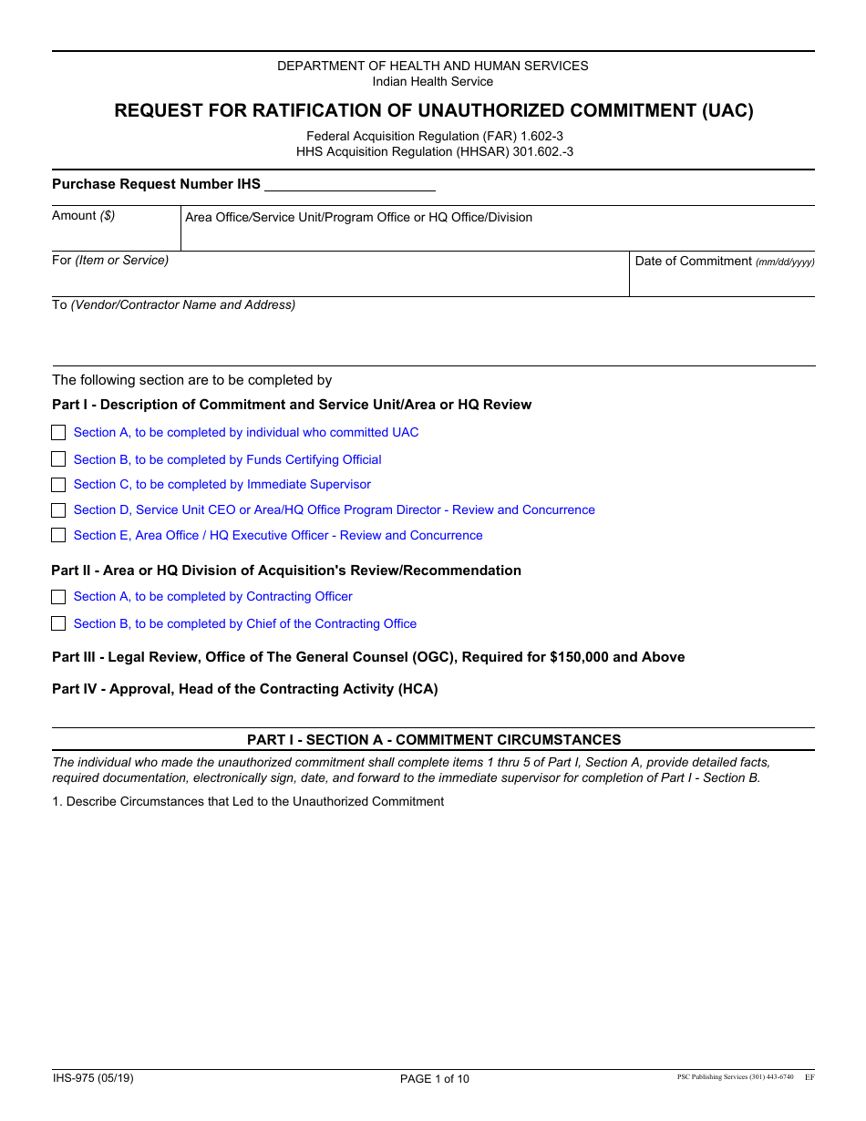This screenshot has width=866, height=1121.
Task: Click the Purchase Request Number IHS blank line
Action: click(349, 185)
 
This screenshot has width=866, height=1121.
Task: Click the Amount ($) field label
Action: click(84, 216)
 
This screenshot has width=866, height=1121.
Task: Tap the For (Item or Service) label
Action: click(110, 261)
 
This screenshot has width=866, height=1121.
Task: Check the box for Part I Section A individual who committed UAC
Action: click(58, 433)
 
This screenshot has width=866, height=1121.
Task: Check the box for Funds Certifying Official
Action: click(58, 459)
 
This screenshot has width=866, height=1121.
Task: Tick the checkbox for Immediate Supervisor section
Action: click(58, 485)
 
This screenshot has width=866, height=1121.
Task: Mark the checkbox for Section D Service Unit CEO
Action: click(58, 510)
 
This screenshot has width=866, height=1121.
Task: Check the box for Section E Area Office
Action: click(58, 536)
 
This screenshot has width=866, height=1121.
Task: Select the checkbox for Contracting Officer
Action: click(58, 597)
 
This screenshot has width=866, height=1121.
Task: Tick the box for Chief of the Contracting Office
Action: click(58, 624)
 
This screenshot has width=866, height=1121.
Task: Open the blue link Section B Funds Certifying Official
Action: click(227, 460)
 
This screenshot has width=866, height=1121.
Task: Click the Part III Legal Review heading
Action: click(368, 657)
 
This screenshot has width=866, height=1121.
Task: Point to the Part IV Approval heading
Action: click(244, 689)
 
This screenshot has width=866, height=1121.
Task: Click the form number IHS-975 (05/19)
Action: click(93, 1078)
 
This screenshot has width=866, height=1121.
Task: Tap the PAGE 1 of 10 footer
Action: click(435, 1079)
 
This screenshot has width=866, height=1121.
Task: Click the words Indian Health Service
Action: click(433, 82)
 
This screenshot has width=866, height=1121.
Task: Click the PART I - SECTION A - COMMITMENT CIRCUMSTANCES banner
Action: click(434, 740)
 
